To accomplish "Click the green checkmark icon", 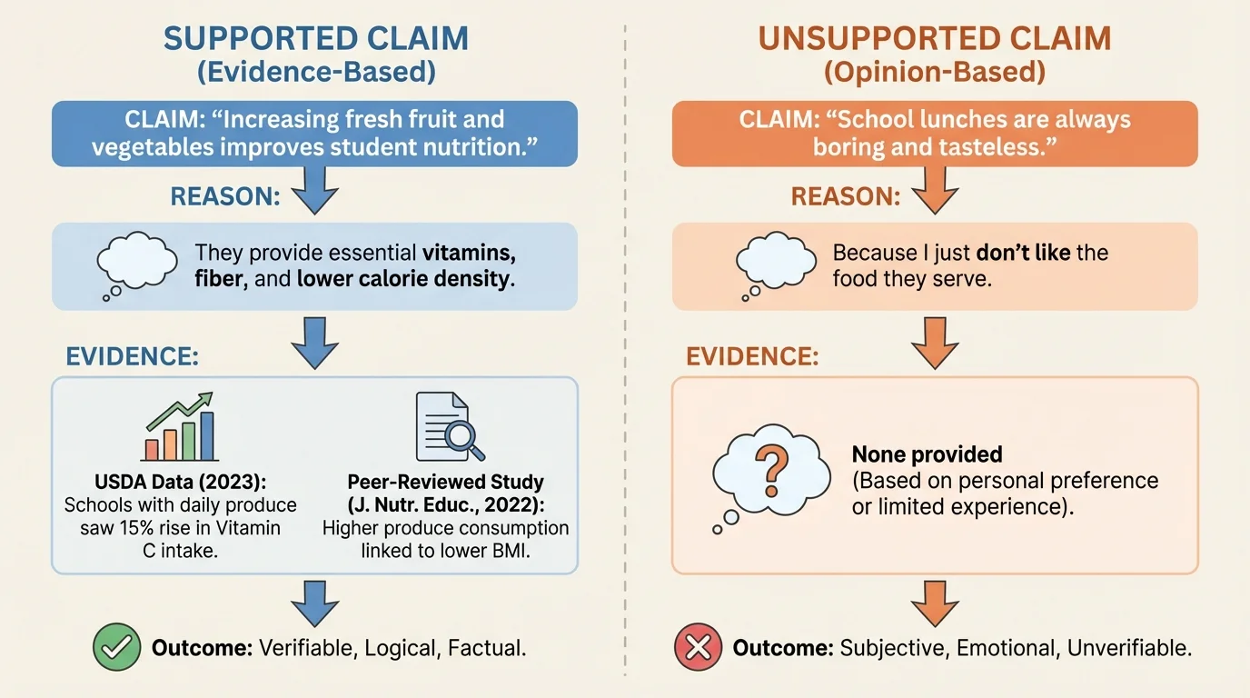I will (x=117, y=647).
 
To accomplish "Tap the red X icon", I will (x=698, y=647).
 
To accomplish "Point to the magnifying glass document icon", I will (x=447, y=428).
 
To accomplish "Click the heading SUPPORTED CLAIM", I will (x=316, y=38).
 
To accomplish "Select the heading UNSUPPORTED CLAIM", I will (x=935, y=38).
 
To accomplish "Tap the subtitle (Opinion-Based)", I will (x=935, y=72).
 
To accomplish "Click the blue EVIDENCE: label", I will (x=133, y=356).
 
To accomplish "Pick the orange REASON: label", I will (x=846, y=196).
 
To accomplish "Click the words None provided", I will (x=927, y=454).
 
